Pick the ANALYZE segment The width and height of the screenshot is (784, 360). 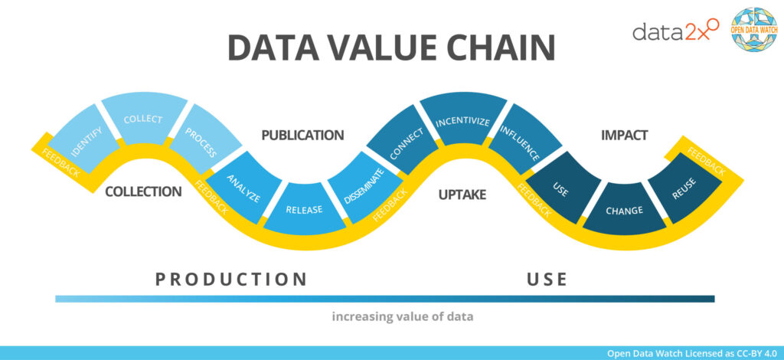pyautogui.click(x=244, y=187)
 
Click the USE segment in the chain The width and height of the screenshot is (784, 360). pyautogui.click(x=560, y=188)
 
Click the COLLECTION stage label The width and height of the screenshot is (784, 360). pyautogui.click(x=143, y=191)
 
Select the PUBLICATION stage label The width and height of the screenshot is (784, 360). pyautogui.click(x=302, y=136)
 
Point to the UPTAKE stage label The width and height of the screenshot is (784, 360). pyautogui.click(x=462, y=195)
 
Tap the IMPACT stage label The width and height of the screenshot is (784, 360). pyautogui.click(x=624, y=136)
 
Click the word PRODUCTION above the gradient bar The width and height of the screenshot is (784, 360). pyautogui.click(x=231, y=279)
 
